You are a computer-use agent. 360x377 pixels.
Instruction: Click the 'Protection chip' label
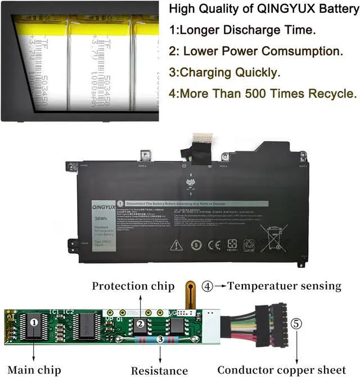click(133, 286)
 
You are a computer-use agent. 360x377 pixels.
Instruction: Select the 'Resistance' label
click(159, 370)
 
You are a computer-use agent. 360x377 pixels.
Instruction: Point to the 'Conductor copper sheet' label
click(281, 370)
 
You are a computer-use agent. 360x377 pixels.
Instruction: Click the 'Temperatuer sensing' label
click(285, 286)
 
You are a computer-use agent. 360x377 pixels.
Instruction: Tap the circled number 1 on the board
click(34, 322)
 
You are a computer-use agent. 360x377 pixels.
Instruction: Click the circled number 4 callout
click(208, 286)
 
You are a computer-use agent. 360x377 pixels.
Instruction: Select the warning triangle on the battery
click(176, 245)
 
